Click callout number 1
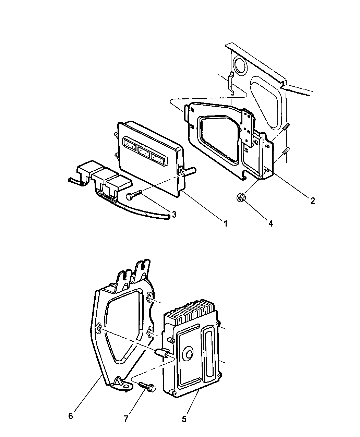225,223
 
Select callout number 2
312,201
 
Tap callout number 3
174,215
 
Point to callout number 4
271,223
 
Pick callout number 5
184,419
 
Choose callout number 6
71,416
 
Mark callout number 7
126,419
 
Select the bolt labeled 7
147,387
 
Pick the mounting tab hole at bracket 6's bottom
128,388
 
